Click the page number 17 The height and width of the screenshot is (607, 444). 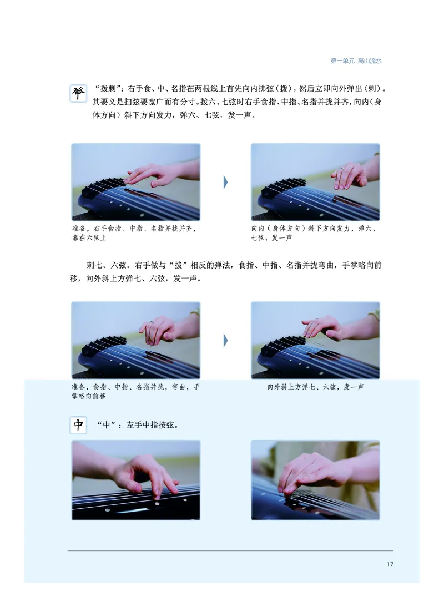coord(390,564)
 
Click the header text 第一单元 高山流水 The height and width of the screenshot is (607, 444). coord(356,61)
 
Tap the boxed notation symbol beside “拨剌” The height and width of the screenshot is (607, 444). coord(78,93)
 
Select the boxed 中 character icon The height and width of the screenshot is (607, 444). coord(78,425)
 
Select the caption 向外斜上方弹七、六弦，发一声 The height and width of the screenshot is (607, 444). coord(315,387)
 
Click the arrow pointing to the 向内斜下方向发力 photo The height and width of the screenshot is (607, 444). coord(226,182)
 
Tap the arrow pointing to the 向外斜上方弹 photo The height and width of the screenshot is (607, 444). coord(226,340)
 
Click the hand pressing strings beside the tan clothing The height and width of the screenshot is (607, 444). coord(311,474)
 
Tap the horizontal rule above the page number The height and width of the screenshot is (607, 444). coord(230,551)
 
